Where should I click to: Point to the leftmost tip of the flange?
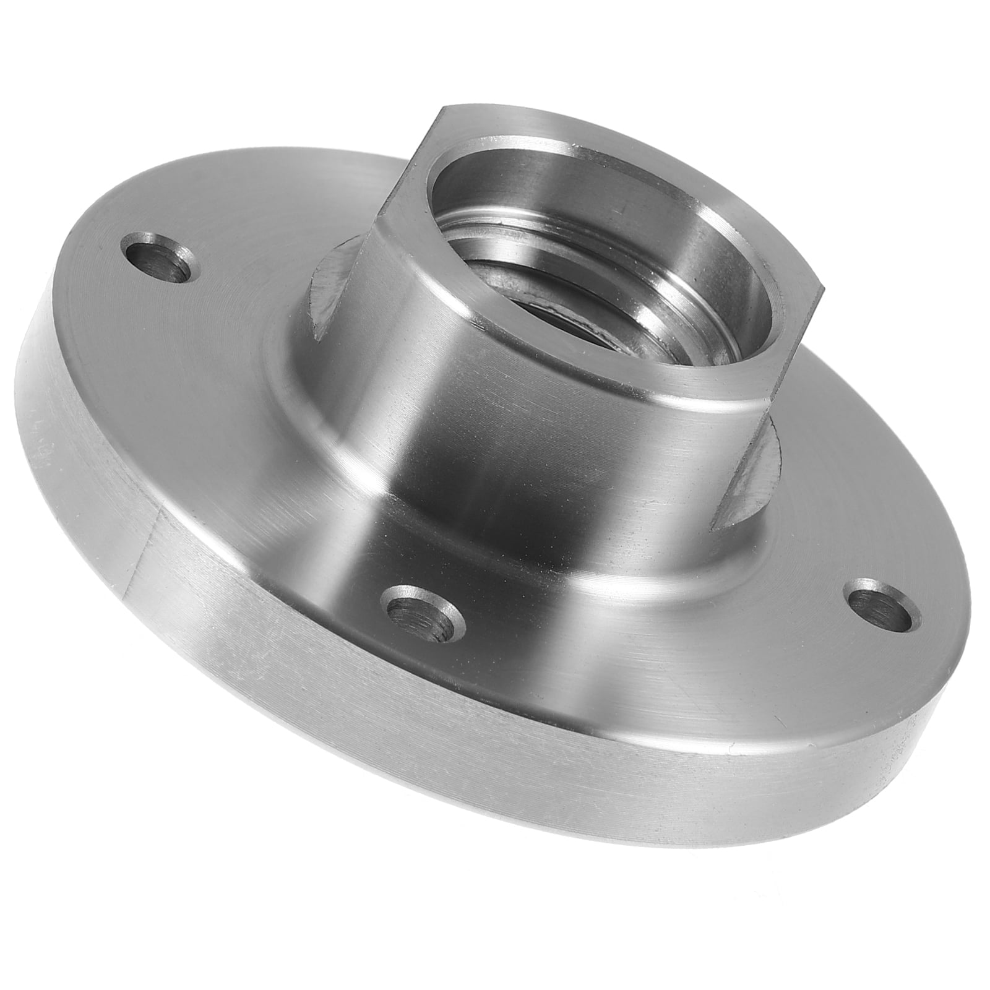[x=15, y=396]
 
